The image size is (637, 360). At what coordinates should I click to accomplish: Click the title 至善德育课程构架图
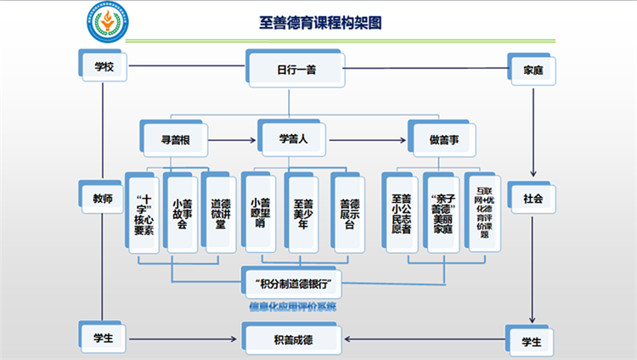(319, 23)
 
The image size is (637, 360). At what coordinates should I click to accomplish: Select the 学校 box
(103, 67)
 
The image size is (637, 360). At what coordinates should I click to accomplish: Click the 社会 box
(533, 199)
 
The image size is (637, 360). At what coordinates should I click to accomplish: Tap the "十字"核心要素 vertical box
(142, 212)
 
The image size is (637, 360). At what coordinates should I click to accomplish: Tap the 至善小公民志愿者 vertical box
(401, 212)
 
